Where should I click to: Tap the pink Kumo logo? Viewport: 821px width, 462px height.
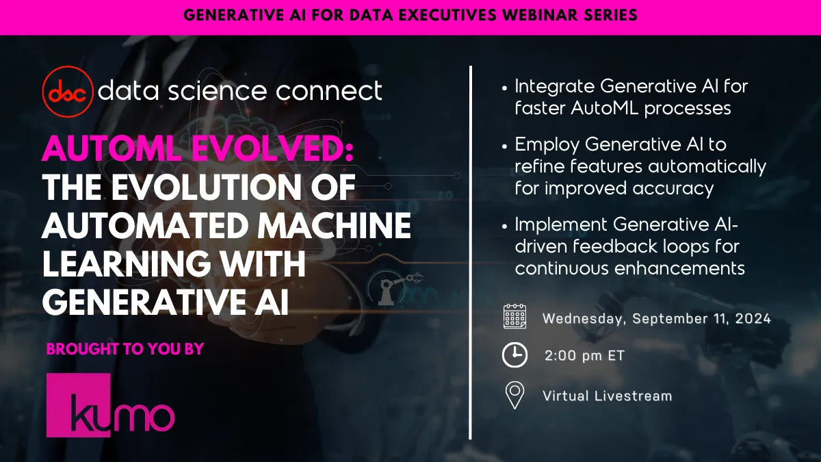110,405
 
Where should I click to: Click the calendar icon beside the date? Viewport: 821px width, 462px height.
514,317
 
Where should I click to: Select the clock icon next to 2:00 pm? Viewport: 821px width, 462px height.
514,355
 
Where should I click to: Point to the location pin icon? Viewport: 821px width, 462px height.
514,395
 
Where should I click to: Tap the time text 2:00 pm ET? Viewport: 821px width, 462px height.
584,356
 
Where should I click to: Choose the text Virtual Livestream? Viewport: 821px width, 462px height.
607,396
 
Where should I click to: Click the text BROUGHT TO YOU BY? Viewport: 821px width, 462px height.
125,349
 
